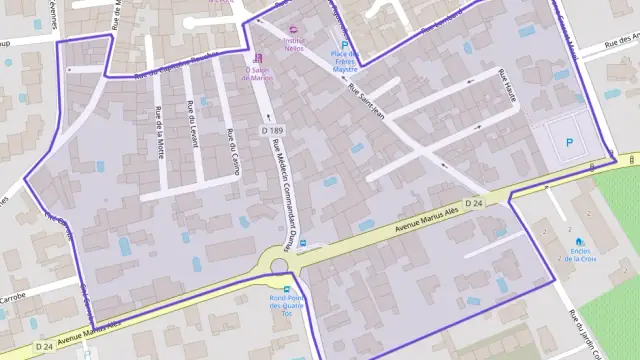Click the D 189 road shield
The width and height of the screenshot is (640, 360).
[x=271, y=131]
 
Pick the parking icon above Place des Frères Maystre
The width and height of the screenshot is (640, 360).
[x=346, y=46]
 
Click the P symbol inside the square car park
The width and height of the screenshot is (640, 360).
[x=570, y=144]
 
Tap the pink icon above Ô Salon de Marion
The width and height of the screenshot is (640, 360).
[x=259, y=57]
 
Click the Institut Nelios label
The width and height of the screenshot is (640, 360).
[x=294, y=43]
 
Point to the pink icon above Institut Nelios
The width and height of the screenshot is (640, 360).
[x=293, y=30]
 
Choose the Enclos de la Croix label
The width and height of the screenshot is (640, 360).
[x=580, y=254]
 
